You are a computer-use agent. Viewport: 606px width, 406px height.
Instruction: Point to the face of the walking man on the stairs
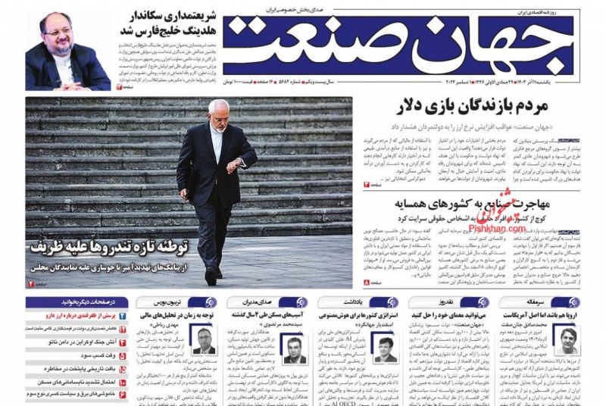(x=218, y=114)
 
